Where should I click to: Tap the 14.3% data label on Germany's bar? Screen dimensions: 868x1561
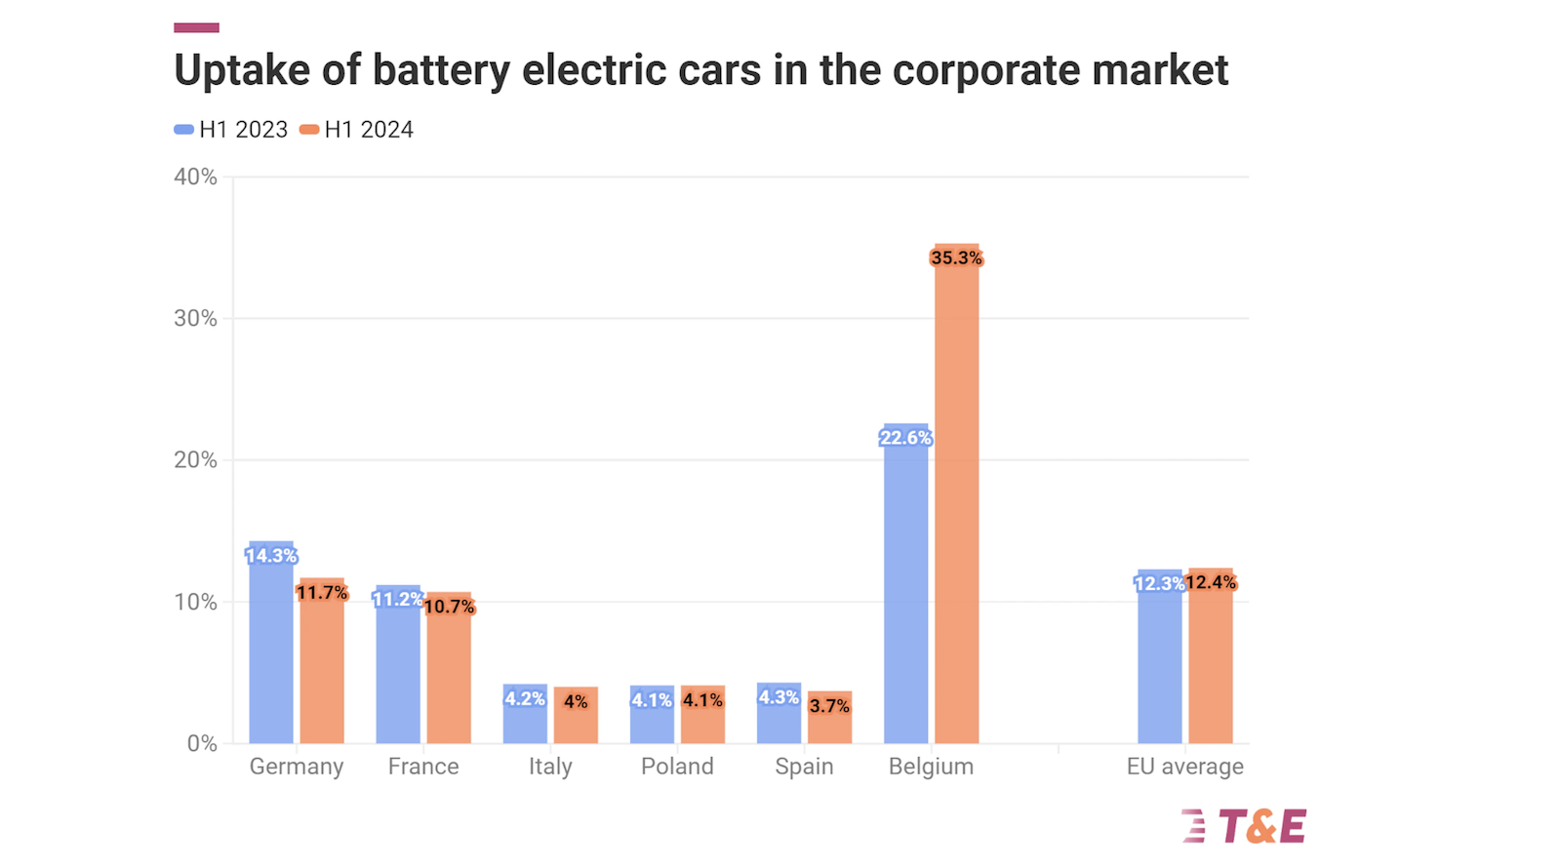click(x=271, y=556)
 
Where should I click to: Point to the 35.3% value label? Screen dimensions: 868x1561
click(x=956, y=258)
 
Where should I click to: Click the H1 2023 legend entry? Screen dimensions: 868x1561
click(x=232, y=130)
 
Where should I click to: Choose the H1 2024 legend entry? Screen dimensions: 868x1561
click(x=357, y=130)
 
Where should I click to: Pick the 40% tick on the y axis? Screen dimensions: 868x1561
click(x=195, y=177)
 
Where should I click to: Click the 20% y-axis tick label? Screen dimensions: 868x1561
click(x=195, y=460)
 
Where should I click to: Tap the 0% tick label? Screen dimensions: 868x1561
click(x=202, y=743)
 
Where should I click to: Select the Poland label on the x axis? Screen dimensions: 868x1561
click(x=677, y=767)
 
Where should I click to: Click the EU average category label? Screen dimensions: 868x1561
click(x=1184, y=767)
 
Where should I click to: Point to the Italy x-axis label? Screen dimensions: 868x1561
click(x=550, y=767)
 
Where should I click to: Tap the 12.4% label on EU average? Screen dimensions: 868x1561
click(x=1211, y=582)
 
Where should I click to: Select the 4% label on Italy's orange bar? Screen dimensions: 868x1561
click(x=576, y=701)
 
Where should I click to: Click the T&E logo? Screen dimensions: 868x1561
click(x=1244, y=827)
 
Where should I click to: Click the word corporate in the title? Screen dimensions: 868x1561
click(x=986, y=70)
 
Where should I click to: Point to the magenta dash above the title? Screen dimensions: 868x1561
click(x=196, y=27)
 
